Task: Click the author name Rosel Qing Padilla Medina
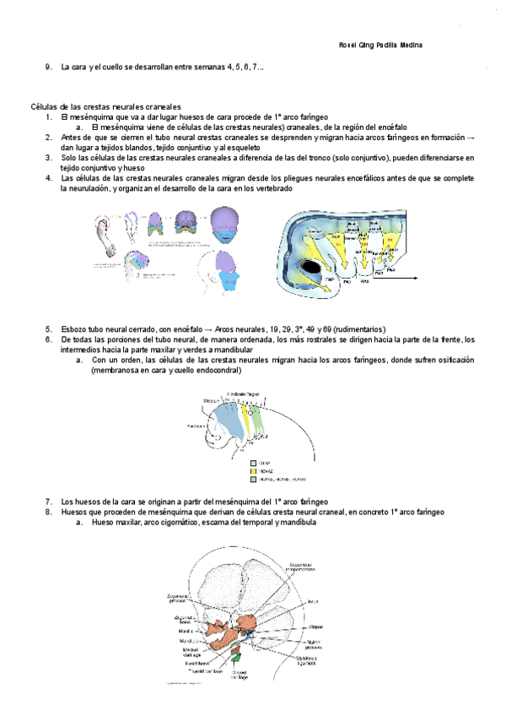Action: tap(380, 45)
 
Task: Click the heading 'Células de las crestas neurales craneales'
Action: tap(105, 107)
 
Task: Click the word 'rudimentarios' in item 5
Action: tap(336, 328)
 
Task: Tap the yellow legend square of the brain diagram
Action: tap(254, 471)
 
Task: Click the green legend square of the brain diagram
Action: tap(254, 479)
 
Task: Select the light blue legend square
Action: tap(254, 464)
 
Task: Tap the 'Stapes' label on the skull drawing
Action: tap(315, 627)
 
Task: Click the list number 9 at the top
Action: tap(49, 67)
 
